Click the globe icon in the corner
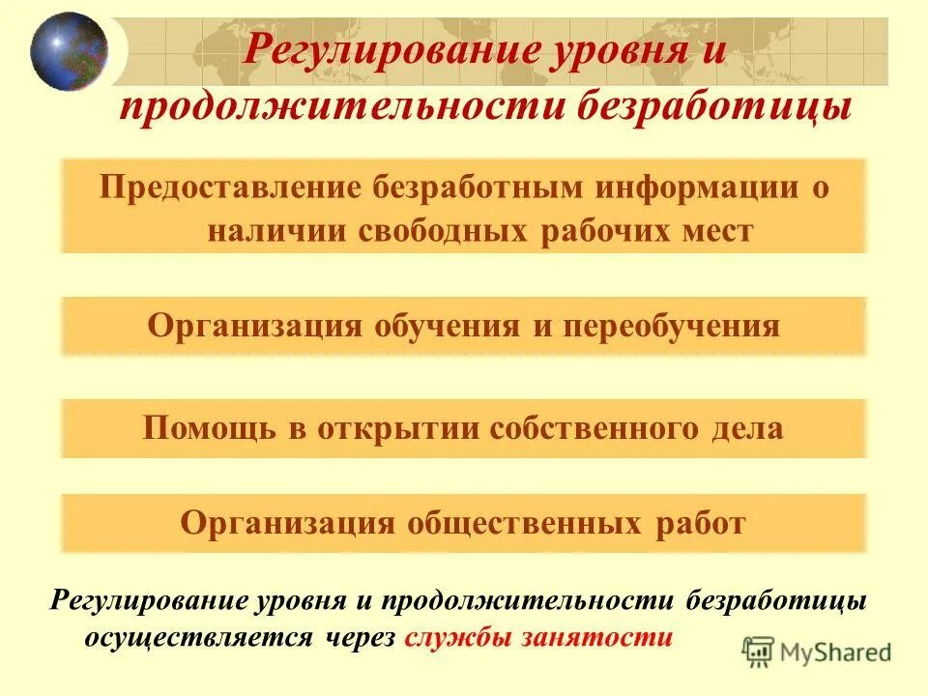click(69, 51)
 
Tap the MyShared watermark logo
click(817, 652)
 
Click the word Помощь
click(211, 428)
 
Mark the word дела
click(744, 428)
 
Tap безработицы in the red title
click(715, 106)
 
